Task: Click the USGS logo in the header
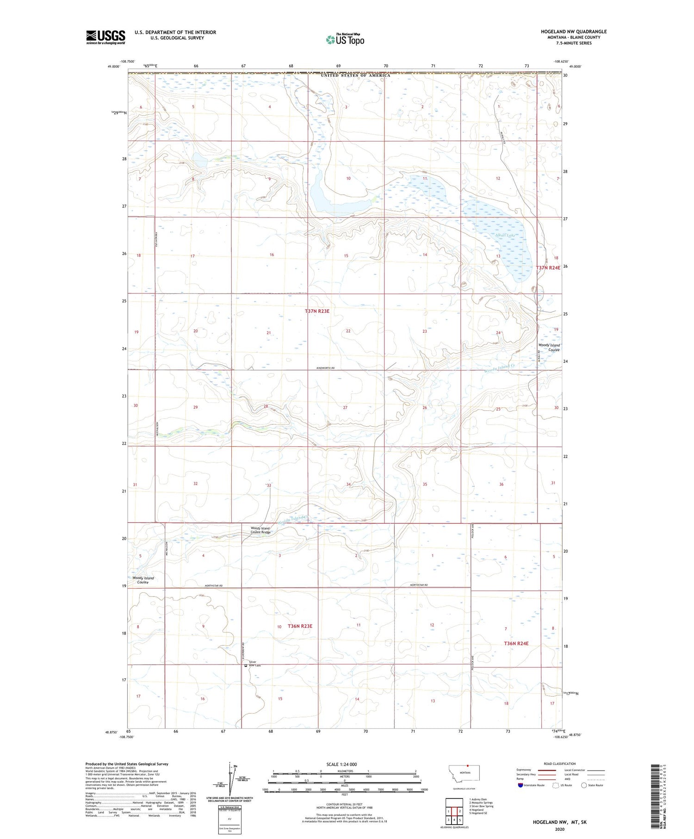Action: (x=105, y=37)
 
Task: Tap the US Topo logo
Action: (x=345, y=40)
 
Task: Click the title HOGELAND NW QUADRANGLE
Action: (x=574, y=31)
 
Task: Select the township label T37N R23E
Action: (x=317, y=311)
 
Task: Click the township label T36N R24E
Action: (x=516, y=643)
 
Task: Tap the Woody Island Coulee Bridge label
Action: (x=260, y=530)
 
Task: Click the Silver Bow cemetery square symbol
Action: (x=246, y=666)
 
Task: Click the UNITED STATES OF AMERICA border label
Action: (x=355, y=75)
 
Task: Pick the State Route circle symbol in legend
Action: (x=584, y=785)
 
